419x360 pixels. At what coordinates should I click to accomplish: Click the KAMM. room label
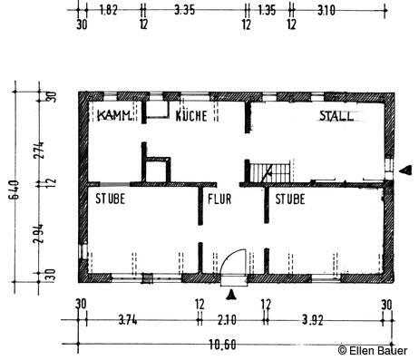click(x=115, y=115)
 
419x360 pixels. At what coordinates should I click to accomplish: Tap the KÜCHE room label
click(x=191, y=115)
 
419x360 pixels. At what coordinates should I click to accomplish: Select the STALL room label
click(x=336, y=116)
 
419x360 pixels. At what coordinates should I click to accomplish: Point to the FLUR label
click(x=219, y=199)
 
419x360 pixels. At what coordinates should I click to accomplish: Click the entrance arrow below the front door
click(x=231, y=295)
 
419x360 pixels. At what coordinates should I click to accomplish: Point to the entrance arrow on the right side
click(x=405, y=170)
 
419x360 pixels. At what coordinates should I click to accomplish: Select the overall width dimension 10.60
click(x=222, y=345)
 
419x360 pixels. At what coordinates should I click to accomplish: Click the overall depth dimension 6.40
click(x=15, y=190)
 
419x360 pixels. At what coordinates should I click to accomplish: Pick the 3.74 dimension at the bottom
click(x=128, y=320)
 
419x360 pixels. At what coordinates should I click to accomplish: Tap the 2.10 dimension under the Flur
click(x=227, y=320)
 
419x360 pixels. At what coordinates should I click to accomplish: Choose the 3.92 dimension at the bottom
click(x=313, y=320)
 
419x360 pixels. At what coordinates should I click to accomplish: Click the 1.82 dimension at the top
click(x=108, y=10)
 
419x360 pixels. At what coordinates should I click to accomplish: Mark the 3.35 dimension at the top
click(x=184, y=10)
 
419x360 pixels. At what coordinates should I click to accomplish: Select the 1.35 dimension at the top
click(x=267, y=10)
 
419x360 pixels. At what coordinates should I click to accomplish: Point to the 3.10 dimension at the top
click(x=326, y=11)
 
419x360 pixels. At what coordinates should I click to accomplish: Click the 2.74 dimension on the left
click(x=39, y=151)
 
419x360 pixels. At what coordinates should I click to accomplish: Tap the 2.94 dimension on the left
click(x=39, y=233)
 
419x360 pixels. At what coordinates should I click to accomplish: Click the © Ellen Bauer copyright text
click(x=373, y=351)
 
